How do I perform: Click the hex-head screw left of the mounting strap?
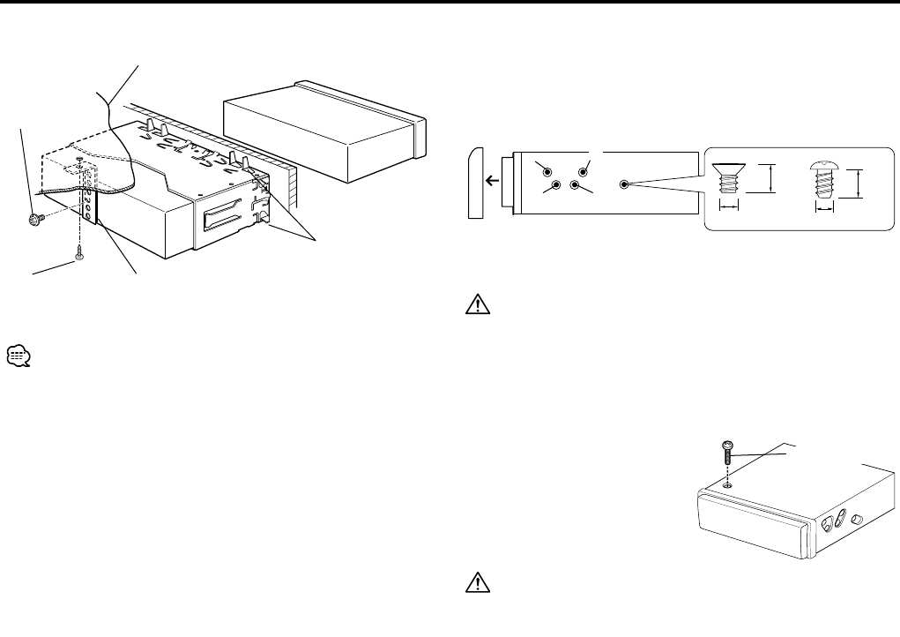[x=35, y=219]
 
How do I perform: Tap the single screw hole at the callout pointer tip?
[x=624, y=185]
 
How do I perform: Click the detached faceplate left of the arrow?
[x=475, y=183]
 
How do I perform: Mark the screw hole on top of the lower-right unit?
[x=725, y=485]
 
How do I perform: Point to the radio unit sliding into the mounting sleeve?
[x=326, y=132]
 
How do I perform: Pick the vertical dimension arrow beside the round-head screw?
[x=858, y=184]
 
